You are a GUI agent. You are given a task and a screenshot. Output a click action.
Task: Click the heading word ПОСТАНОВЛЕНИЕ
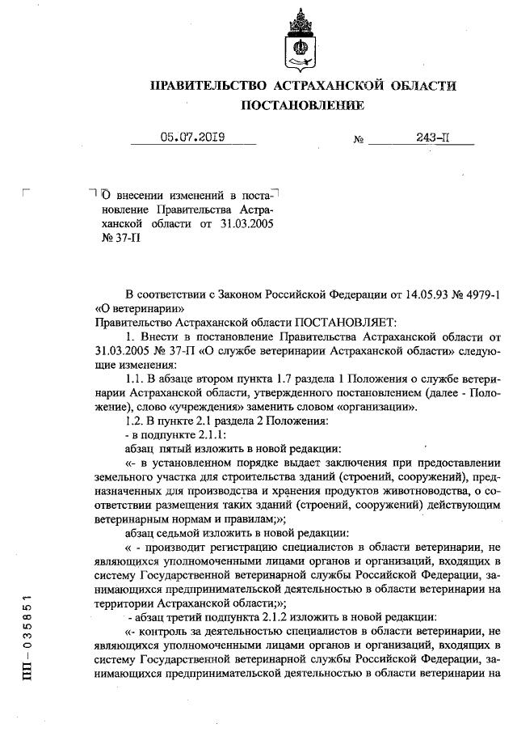pyautogui.click(x=303, y=106)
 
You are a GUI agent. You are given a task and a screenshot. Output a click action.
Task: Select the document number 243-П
pyautogui.click(x=432, y=138)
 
